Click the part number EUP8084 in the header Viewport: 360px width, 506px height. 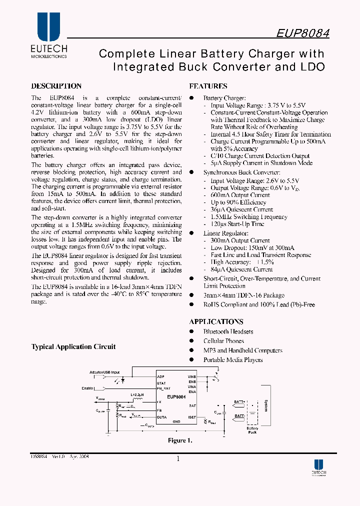click(302, 32)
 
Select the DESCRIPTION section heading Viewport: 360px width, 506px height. click(56, 86)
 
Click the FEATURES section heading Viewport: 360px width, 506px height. click(208, 86)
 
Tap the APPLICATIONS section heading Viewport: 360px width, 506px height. click(216, 322)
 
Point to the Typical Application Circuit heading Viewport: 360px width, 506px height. click(73, 346)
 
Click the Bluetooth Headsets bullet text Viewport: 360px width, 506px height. click(228, 331)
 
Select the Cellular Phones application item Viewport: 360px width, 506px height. click(223, 341)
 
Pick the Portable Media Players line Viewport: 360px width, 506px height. click(232, 360)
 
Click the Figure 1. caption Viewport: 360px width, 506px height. click(180, 440)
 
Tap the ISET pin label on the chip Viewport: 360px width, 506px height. click(192, 416)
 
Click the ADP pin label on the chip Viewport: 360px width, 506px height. click(160, 376)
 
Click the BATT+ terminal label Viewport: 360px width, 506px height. click(239, 401)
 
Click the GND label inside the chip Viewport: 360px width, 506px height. click(176, 421)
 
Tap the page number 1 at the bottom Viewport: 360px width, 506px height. click(178, 458)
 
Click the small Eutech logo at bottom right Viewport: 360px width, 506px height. click(318, 466)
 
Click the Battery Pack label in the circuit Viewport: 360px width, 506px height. click(252, 430)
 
